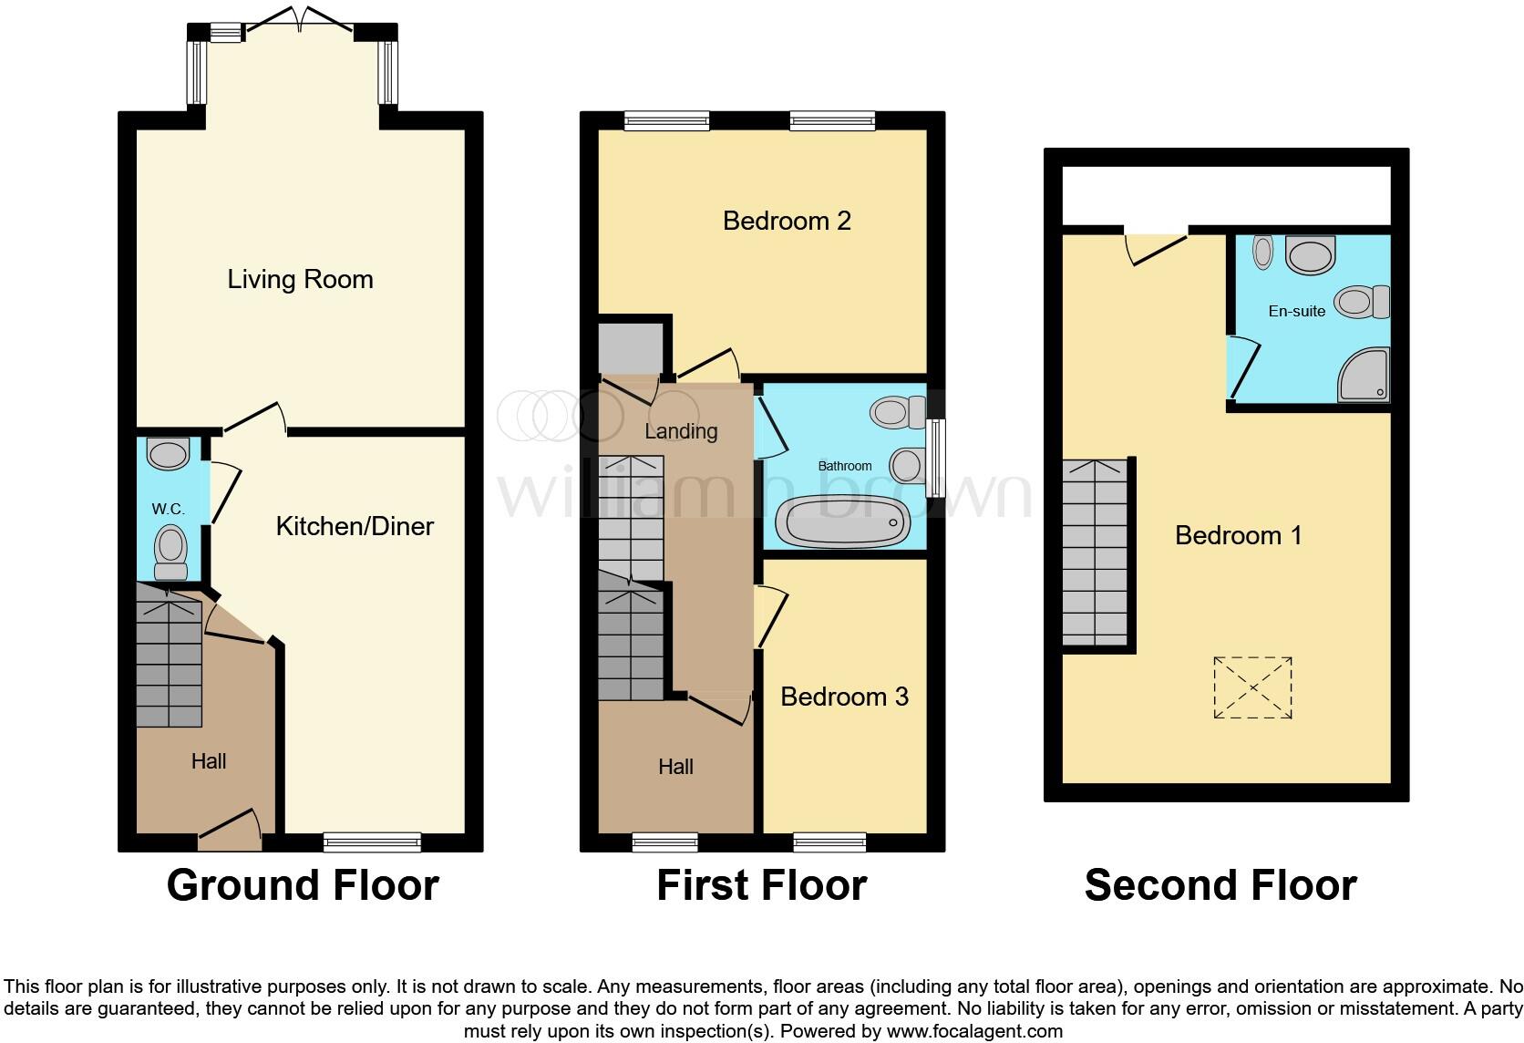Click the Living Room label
click(x=300, y=279)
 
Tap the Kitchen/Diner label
click(x=355, y=526)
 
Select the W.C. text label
click(x=169, y=509)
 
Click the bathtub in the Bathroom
click(x=842, y=521)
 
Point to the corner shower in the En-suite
click(x=1364, y=375)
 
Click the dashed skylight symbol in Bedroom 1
click(x=1252, y=687)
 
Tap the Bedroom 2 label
click(x=787, y=221)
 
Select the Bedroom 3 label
click(x=844, y=697)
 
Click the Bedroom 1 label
click(x=1238, y=535)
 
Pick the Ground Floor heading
click(x=303, y=885)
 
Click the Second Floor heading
click(x=1220, y=885)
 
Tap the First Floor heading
click(x=761, y=885)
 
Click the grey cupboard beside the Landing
click(x=631, y=346)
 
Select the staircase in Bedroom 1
click(x=1096, y=552)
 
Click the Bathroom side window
click(x=935, y=458)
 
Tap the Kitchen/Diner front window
click(x=372, y=842)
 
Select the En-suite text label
click(x=1296, y=311)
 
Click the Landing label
click(x=681, y=431)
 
